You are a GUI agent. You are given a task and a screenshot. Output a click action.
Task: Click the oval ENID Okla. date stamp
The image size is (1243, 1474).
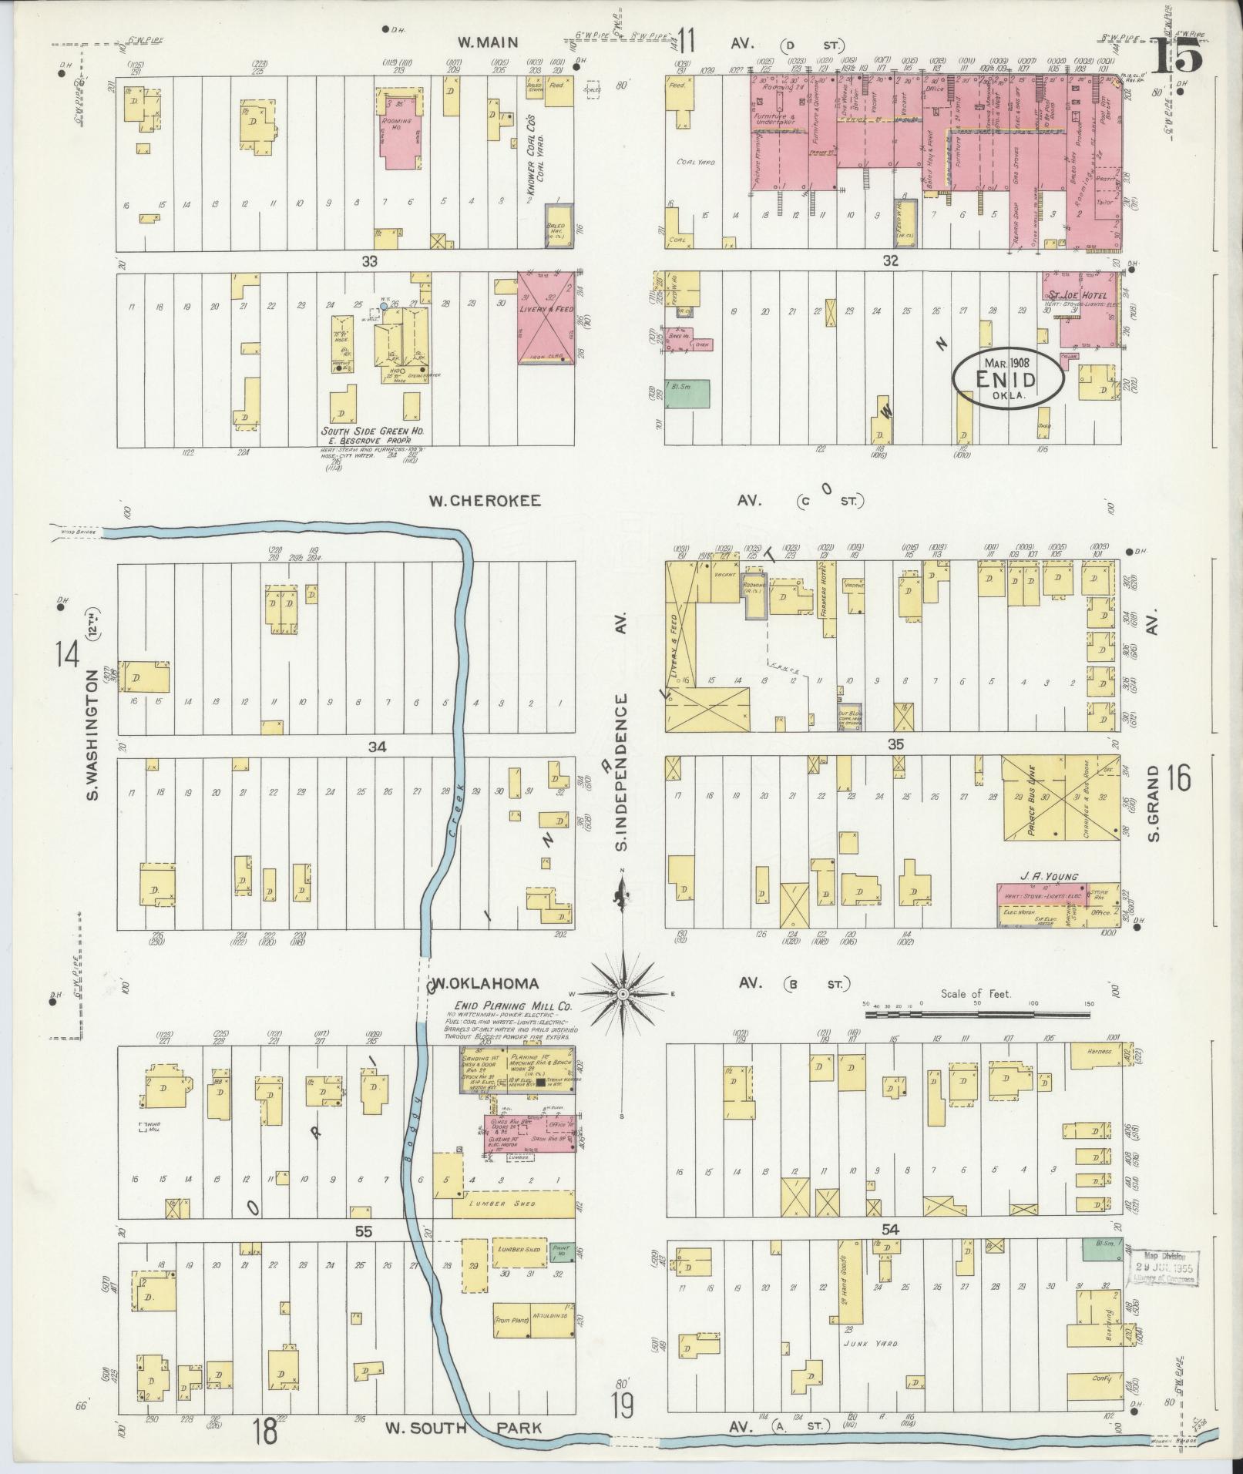tap(1007, 378)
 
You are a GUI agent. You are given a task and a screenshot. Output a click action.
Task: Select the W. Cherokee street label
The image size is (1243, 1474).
tap(485, 501)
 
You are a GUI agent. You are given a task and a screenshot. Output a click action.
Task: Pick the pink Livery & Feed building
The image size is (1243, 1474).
tap(546, 317)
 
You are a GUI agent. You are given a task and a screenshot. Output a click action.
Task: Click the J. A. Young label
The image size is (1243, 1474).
tap(1048, 876)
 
